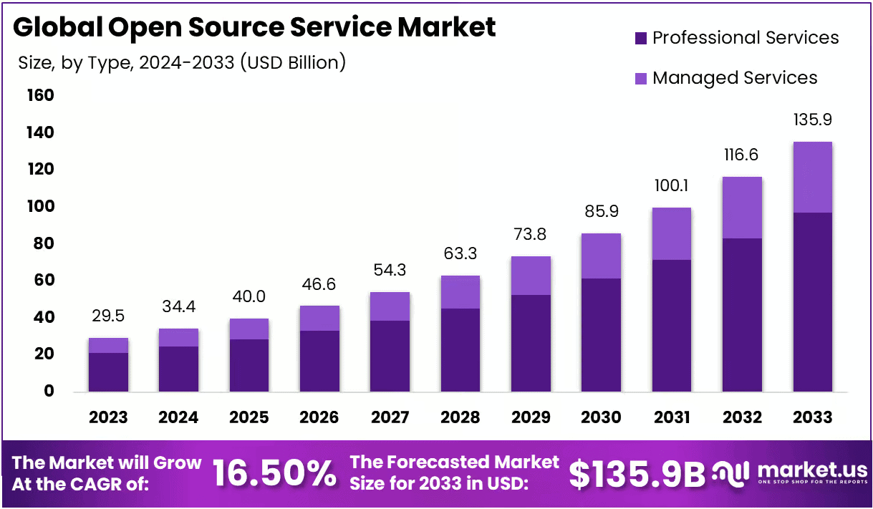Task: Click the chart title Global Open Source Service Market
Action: point(254,27)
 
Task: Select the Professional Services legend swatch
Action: point(640,38)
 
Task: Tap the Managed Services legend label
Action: point(735,77)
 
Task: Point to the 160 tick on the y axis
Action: point(40,95)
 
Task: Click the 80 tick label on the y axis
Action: point(40,243)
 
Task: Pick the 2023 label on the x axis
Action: point(108,417)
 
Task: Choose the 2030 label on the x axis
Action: point(602,417)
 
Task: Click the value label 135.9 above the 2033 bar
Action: point(812,120)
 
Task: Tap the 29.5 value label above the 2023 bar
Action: point(108,316)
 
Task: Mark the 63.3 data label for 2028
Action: point(460,253)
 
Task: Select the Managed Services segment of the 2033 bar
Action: point(812,177)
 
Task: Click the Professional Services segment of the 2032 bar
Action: point(742,315)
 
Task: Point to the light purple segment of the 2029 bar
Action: point(531,276)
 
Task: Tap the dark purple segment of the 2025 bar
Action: point(249,365)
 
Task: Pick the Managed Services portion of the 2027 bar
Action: point(390,306)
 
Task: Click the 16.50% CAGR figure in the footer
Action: point(275,473)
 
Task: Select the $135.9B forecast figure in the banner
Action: point(637,473)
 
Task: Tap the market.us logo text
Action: point(812,470)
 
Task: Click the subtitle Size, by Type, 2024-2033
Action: point(182,63)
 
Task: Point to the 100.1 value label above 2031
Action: point(671,186)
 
